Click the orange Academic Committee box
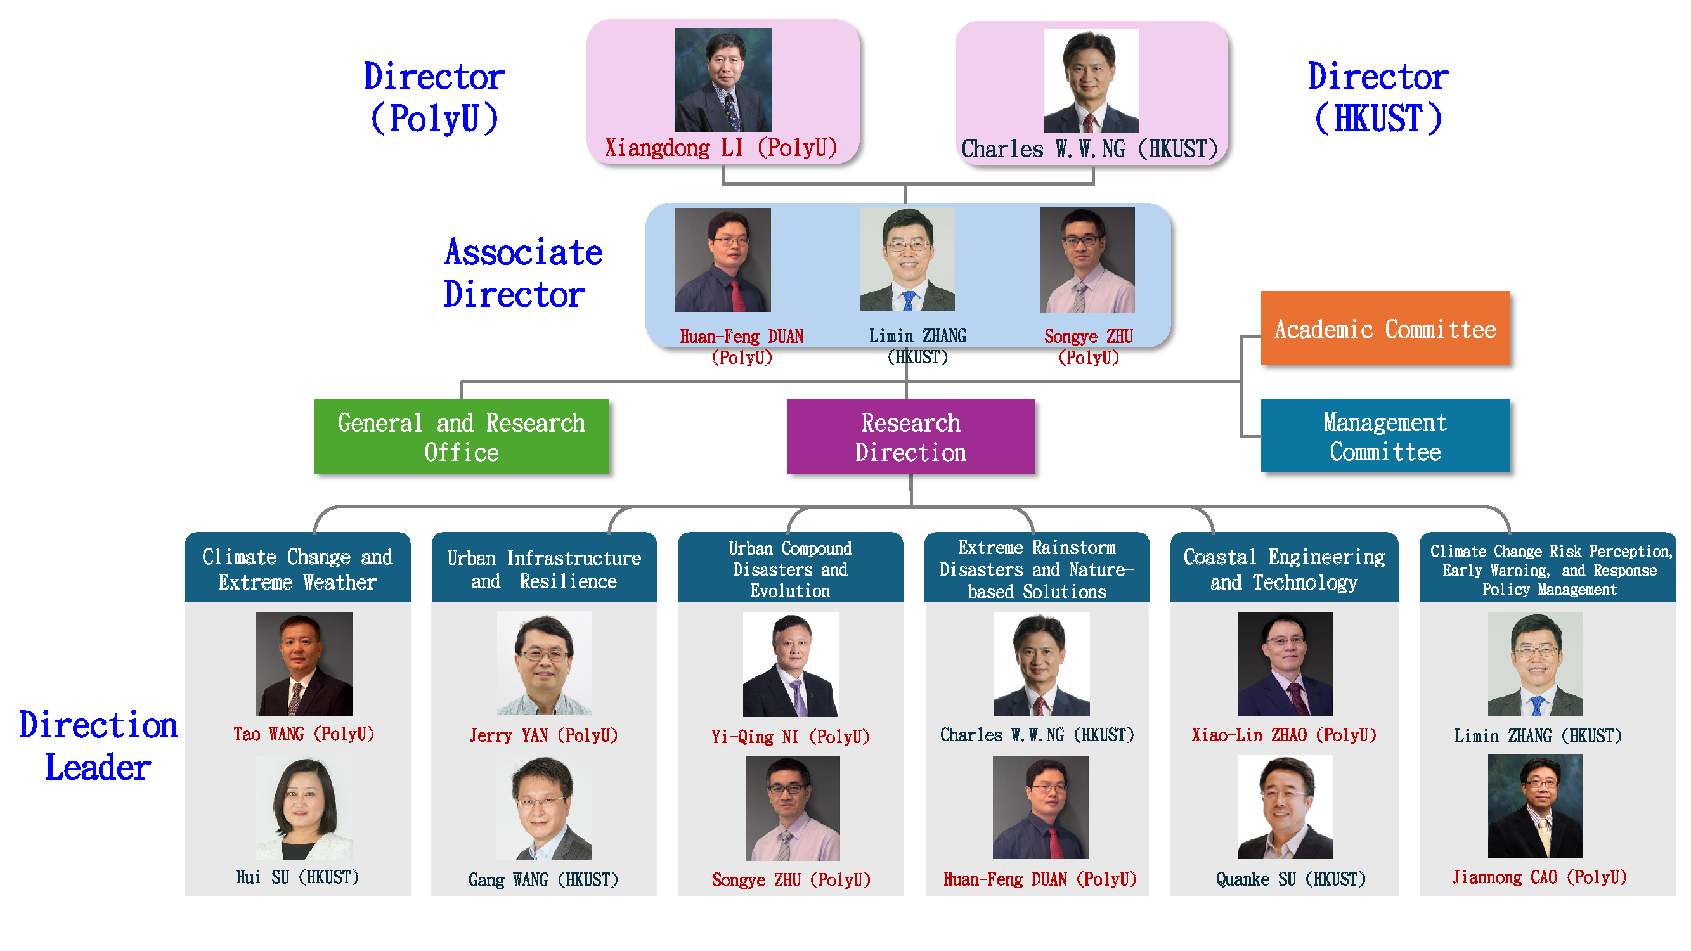[1385, 328]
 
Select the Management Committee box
[1385, 436]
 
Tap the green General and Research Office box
[462, 436]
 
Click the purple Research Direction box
[910, 436]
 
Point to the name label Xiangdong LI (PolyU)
[721, 148]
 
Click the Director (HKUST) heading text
[1377, 97]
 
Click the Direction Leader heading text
[98, 746]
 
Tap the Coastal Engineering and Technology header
[1283, 568]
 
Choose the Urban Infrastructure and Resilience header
[543, 568]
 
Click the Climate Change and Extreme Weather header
[297, 568]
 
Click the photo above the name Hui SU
[304, 808]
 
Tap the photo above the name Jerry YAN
[544, 663]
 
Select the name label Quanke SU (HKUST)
[1290, 879]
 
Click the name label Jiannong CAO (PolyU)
[1539, 877]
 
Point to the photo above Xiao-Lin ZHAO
[1285, 664]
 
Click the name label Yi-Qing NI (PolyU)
[791, 736]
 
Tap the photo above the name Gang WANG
[544, 808]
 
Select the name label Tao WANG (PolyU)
[304, 734]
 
